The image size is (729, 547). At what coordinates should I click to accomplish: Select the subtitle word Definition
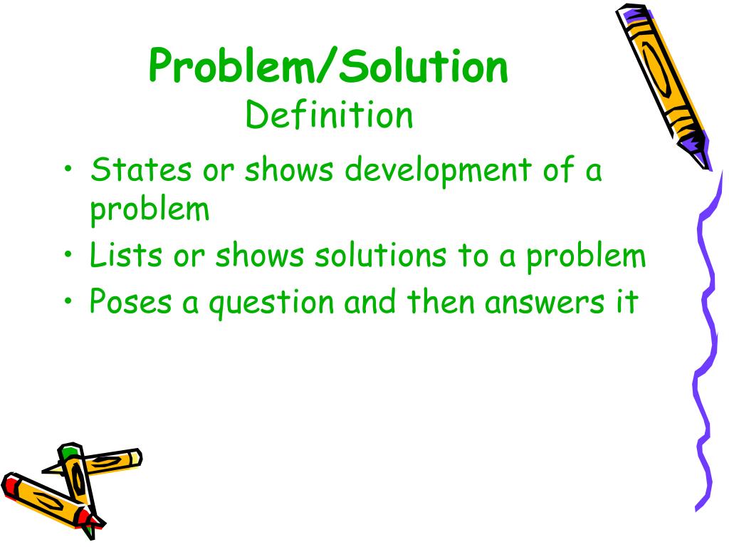329,115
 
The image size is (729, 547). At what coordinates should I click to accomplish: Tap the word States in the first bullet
141,171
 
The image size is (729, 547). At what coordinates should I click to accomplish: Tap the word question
266,303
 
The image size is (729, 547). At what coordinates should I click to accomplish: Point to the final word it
627,301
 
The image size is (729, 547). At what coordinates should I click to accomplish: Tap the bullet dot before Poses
68,302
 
